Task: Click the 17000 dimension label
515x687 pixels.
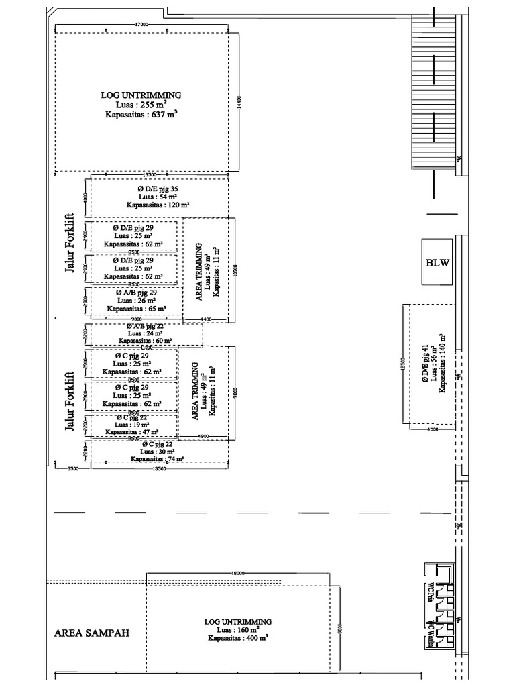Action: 141,24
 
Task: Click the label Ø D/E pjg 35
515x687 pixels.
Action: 158,189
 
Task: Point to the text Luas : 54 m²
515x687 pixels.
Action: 158,197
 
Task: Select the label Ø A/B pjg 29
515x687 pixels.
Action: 136,293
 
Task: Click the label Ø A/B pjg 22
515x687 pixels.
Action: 145,325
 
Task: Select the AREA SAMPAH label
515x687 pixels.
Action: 91,633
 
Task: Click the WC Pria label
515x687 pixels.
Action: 430,593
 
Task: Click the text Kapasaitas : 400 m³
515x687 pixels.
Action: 237,639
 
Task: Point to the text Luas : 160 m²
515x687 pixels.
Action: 238,631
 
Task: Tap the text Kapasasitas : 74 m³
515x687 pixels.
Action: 158,460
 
